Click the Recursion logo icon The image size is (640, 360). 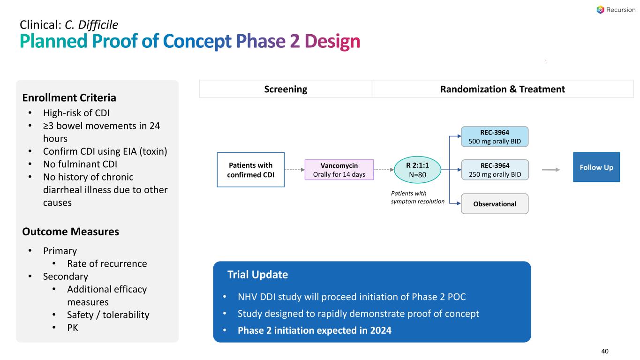click(600, 10)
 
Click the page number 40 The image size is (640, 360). click(605, 351)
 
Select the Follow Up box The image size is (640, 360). click(596, 167)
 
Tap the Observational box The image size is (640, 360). click(495, 204)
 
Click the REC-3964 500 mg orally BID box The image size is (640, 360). click(495, 136)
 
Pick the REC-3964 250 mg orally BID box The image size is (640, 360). click(495, 170)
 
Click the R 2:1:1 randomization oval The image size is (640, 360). click(417, 170)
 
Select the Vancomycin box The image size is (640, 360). click(339, 170)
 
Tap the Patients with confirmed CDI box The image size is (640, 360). click(250, 170)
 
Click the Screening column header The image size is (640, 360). click(286, 89)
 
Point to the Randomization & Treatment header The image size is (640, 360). click(503, 89)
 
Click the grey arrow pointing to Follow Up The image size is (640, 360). click(551, 170)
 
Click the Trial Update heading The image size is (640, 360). click(257, 274)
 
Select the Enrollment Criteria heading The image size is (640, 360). click(69, 97)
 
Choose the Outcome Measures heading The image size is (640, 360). click(71, 232)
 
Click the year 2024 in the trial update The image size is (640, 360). click(381, 330)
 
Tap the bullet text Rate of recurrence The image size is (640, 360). click(107, 263)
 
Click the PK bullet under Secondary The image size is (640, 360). click(73, 328)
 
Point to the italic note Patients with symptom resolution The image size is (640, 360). click(417, 197)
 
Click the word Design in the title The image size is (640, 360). click(332, 41)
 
